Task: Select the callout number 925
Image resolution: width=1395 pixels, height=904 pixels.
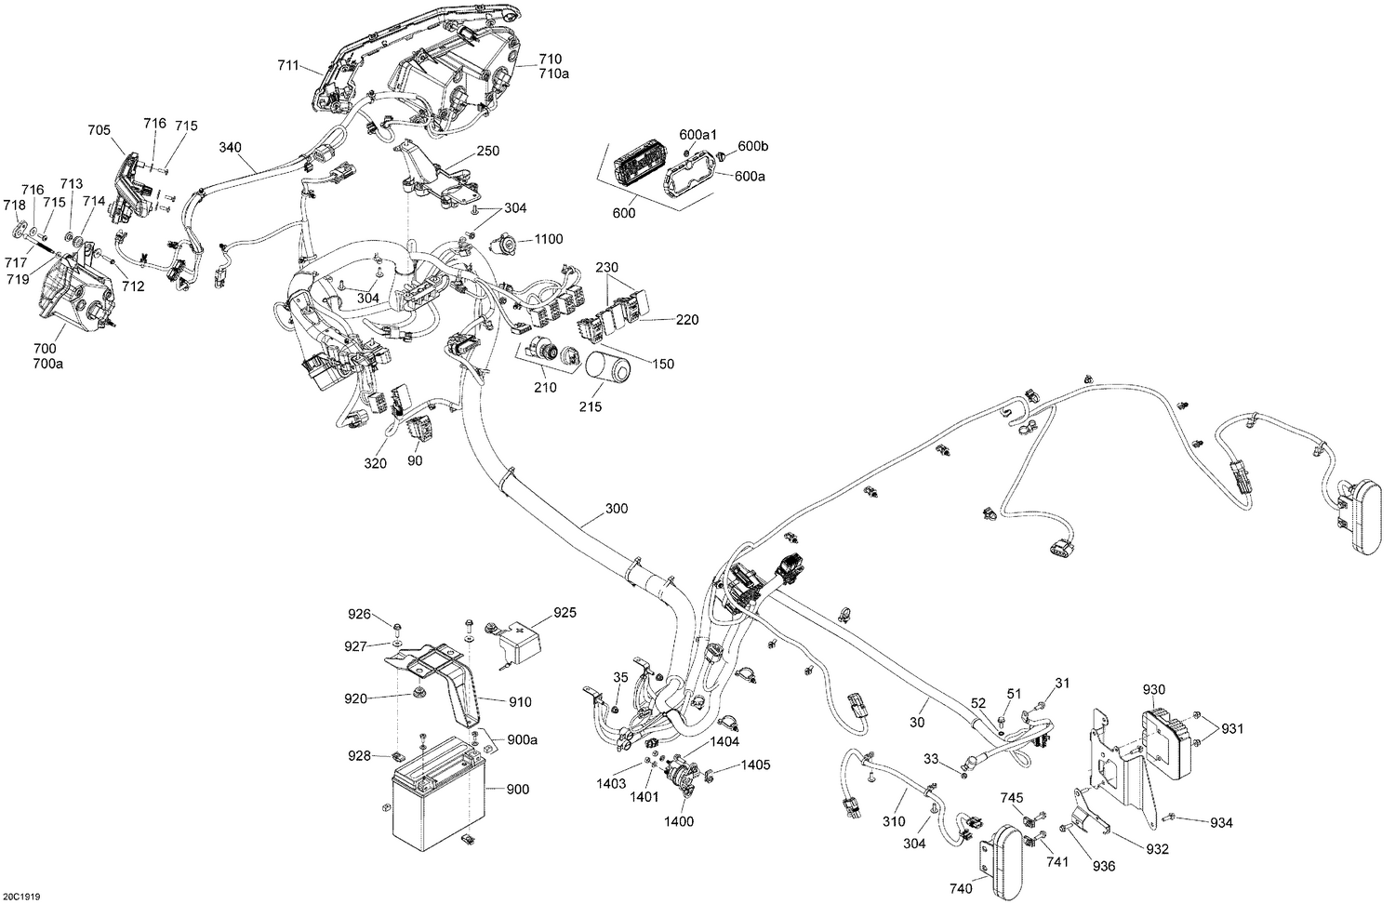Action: pyautogui.click(x=565, y=613)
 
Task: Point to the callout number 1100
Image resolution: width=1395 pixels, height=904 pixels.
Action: pyautogui.click(x=548, y=239)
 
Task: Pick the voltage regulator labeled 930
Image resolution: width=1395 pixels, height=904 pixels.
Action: pyautogui.click(x=1165, y=741)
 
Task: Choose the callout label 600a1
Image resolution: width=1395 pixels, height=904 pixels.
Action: pyautogui.click(x=697, y=135)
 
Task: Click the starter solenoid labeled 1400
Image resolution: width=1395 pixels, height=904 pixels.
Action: pyautogui.click(x=680, y=777)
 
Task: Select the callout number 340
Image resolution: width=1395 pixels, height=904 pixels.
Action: pyautogui.click(x=230, y=148)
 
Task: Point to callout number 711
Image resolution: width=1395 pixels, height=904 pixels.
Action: pyautogui.click(x=288, y=65)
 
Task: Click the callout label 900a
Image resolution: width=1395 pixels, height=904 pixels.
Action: pyautogui.click(x=522, y=739)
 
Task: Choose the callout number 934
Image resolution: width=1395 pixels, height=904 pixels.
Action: pyautogui.click(x=1221, y=823)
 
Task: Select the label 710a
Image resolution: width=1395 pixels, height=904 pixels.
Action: pyautogui.click(x=553, y=73)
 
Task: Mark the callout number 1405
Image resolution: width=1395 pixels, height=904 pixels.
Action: pyautogui.click(x=755, y=765)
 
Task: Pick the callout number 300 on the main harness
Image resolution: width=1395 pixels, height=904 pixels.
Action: pyautogui.click(x=617, y=509)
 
